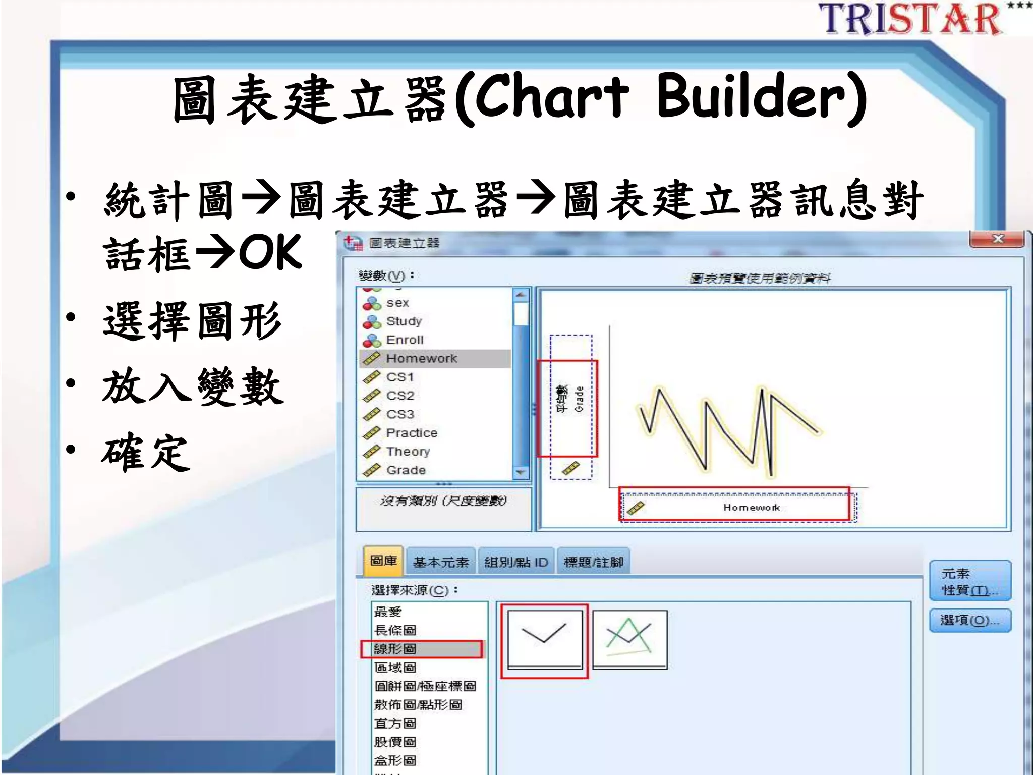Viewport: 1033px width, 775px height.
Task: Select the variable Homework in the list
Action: (422, 359)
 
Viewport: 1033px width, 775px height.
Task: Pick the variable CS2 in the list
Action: (400, 396)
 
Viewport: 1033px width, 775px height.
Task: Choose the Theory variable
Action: (408, 452)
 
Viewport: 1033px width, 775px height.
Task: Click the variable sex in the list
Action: (397, 303)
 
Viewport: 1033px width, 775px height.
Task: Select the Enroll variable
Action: (405, 340)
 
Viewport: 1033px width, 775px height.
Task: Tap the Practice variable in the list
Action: (412, 433)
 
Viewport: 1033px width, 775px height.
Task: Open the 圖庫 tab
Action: (383, 561)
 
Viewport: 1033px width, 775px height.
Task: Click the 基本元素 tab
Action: (441, 562)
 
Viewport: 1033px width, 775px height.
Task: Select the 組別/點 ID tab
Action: (516, 562)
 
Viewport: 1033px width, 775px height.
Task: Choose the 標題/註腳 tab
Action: (594, 562)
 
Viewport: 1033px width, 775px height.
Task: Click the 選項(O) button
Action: (969, 621)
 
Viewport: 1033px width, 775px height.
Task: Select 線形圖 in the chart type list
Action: (395, 649)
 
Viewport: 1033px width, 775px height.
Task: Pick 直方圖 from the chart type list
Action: (395, 724)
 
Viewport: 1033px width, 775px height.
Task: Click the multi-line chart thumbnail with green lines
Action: (629, 639)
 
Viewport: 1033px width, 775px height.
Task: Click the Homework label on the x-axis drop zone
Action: (752, 508)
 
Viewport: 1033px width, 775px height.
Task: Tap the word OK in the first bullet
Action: (270, 252)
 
